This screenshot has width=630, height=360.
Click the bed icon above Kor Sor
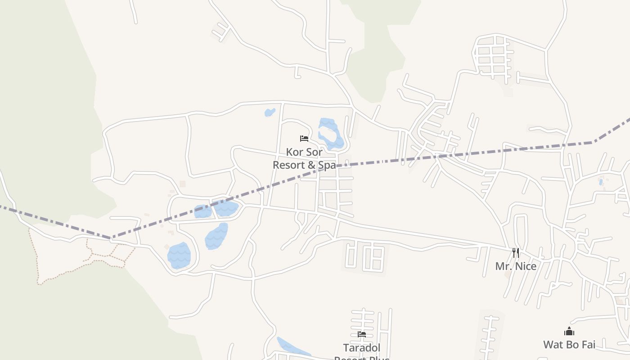coord(304,139)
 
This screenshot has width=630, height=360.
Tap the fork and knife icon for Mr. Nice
coord(516,252)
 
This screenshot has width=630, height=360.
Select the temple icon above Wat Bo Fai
coord(569,332)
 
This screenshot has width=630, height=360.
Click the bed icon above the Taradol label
coord(361,334)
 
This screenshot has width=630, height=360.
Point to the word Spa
coord(327,165)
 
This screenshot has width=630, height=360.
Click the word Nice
coord(526,266)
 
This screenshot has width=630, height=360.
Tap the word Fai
coord(587,345)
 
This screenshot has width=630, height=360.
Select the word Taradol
coord(362,348)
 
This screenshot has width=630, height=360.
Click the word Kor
coord(293,152)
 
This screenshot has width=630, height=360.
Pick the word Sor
coord(314,152)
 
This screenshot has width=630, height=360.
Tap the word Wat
coord(553,345)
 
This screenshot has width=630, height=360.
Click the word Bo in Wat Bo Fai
coord(571,345)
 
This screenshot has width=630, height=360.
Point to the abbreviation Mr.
coord(503,266)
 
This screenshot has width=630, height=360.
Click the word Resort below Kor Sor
coord(289,165)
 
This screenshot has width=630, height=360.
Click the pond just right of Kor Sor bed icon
coord(330,133)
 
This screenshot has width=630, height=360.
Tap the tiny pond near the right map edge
coord(601,182)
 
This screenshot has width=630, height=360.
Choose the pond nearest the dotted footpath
coord(179,256)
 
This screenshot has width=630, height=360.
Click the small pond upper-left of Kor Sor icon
coord(270,112)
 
